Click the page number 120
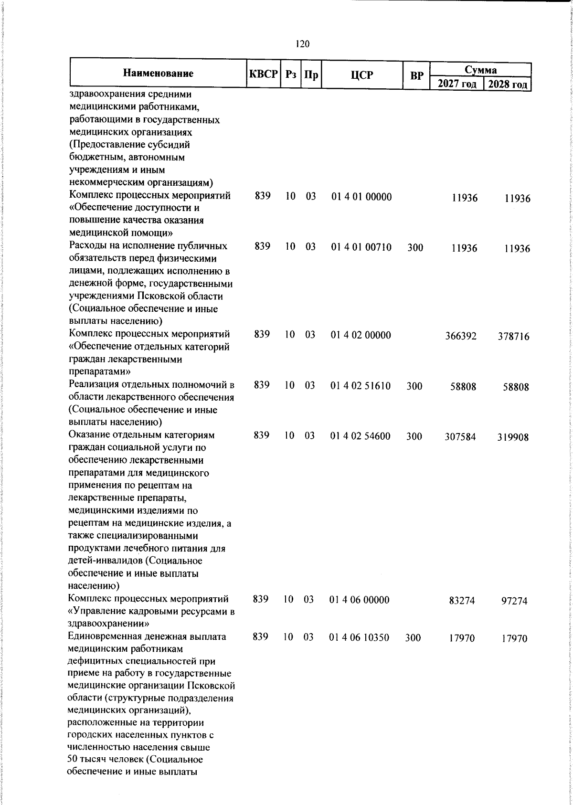[302, 44]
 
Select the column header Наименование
[158, 74]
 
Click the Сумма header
[481, 70]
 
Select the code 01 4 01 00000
[361, 197]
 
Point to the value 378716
[515, 337]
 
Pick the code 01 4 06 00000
[360, 600]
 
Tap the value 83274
[462, 601]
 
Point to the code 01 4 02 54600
[360, 436]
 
